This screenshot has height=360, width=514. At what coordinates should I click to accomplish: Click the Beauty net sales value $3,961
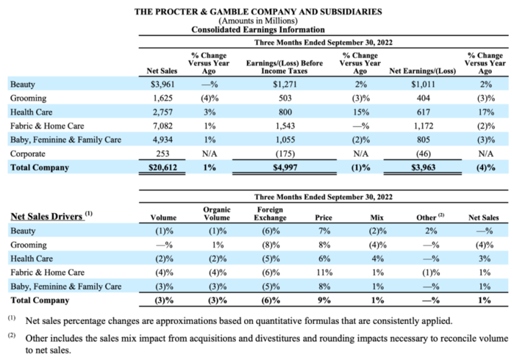pos(160,84)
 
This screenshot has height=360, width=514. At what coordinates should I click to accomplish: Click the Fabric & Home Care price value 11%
pos(323,273)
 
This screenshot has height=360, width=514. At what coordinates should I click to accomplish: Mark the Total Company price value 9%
pos(323,300)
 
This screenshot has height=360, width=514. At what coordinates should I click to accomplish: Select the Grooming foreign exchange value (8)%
pos(269,245)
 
